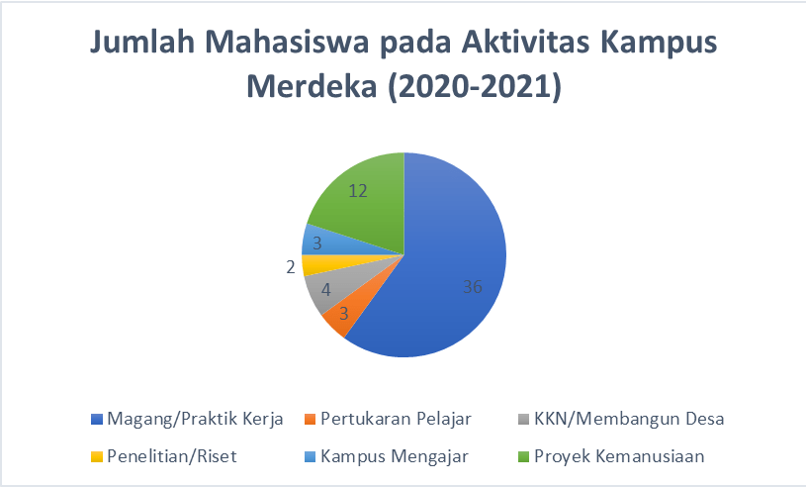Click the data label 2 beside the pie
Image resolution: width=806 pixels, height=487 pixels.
point(291,267)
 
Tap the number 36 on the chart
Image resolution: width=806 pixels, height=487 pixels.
point(473,286)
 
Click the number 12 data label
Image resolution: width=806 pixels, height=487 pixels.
point(358,191)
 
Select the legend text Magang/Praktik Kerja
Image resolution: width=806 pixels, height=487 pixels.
point(195,419)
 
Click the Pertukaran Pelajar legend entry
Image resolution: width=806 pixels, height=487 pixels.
point(396,419)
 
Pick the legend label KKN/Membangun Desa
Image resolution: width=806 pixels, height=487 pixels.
point(629,419)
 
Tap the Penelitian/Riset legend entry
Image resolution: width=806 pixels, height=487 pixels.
point(172,456)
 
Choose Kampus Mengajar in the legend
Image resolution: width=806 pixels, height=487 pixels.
point(395,456)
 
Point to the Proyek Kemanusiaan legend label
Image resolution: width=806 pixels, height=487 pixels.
point(619,456)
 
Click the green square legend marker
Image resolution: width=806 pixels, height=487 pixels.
point(524,456)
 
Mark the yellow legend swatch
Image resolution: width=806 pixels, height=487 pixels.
point(97,456)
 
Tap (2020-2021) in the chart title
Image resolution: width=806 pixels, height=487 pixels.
point(475,86)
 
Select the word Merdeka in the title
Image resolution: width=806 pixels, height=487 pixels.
point(312,86)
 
